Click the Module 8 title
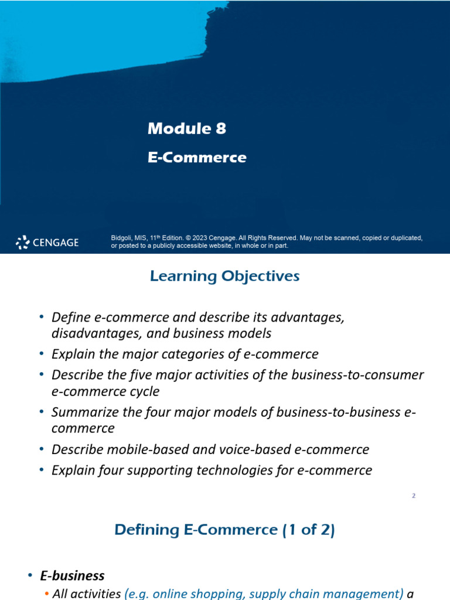click(187, 129)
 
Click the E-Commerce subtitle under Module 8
click(197, 158)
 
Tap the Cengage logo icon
click(22, 242)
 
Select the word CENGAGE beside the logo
click(56, 243)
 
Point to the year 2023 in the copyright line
click(199, 238)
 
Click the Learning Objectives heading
click(225, 276)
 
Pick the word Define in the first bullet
click(69, 317)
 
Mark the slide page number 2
click(414, 496)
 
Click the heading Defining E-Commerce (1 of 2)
click(225, 530)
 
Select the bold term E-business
click(78, 576)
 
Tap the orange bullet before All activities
click(46, 594)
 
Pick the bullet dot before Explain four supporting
click(42, 470)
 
